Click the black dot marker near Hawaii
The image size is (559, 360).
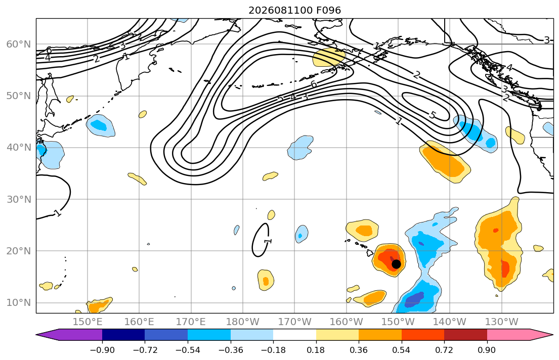(396, 264)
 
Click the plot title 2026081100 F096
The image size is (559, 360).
(294, 10)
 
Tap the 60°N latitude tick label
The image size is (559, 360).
(19, 44)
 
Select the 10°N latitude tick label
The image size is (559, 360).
(19, 303)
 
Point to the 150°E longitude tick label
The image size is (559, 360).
(88, 322)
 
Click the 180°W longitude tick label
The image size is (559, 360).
(243, 322)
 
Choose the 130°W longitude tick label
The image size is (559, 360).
(502, 322)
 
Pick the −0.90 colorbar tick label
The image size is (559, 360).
(102, 350)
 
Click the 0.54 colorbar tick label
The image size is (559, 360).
(402, 350)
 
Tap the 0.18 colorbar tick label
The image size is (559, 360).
(316, 350)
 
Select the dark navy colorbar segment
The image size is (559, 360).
(123, 335)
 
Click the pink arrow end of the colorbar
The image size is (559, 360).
(520, 335)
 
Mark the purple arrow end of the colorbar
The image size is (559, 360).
(69, 335)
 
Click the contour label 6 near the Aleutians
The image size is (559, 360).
(314, 84)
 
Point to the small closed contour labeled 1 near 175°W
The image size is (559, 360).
(261, 240)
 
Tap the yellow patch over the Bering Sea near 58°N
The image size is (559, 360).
(328, 57)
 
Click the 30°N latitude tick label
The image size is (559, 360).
(19, 199)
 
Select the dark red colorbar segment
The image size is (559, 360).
(465, 335)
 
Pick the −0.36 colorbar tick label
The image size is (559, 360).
(230, 350)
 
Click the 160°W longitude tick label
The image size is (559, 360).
(347, 322)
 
